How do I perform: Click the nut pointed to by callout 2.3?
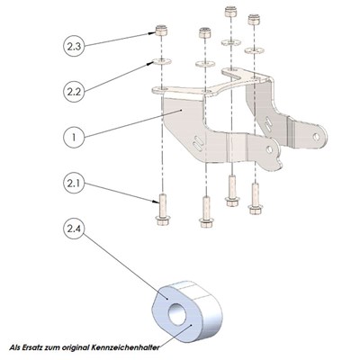coord(160,32)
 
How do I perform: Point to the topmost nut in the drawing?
coord(229,13)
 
